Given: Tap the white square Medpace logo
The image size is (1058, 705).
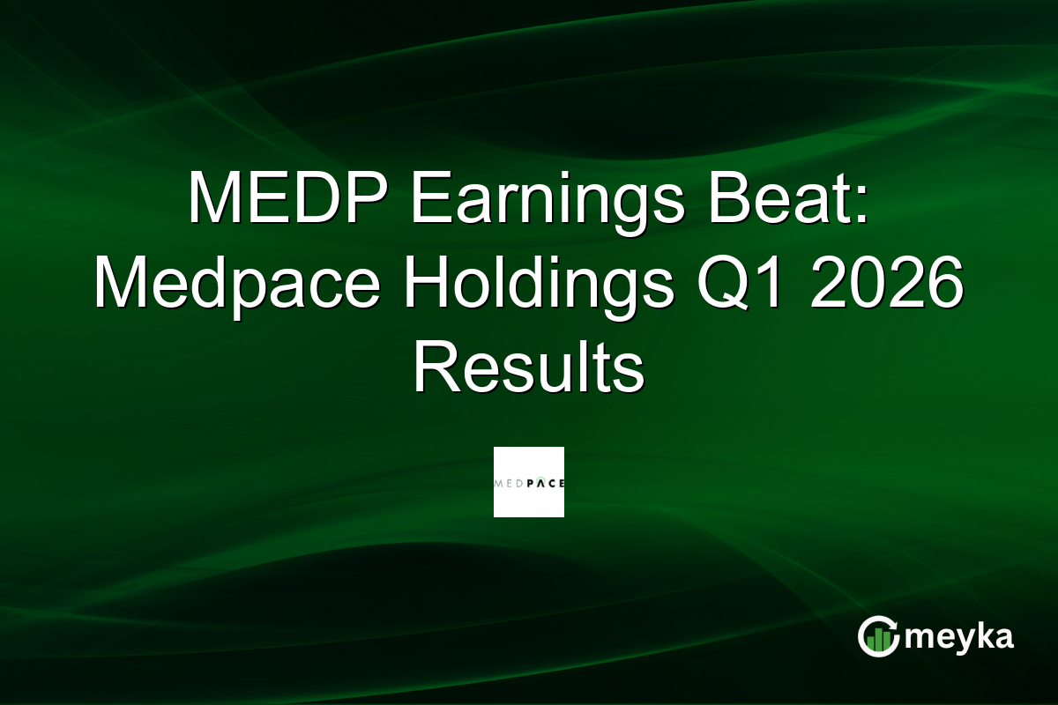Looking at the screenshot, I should tap(528, 482).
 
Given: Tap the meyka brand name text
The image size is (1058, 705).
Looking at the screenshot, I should tap(957, 637).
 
